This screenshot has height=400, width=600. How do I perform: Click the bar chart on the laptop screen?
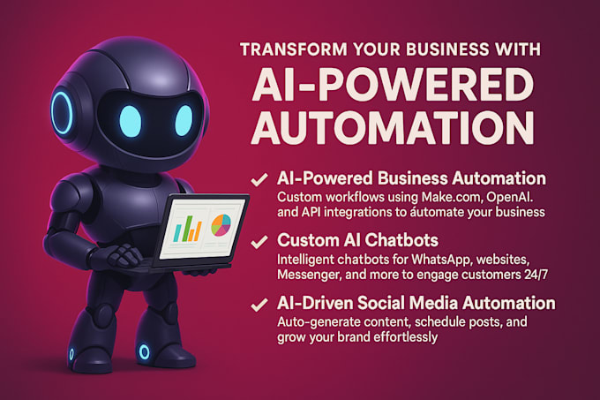point(187,230)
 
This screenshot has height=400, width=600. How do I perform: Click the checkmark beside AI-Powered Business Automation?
point(259,179)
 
